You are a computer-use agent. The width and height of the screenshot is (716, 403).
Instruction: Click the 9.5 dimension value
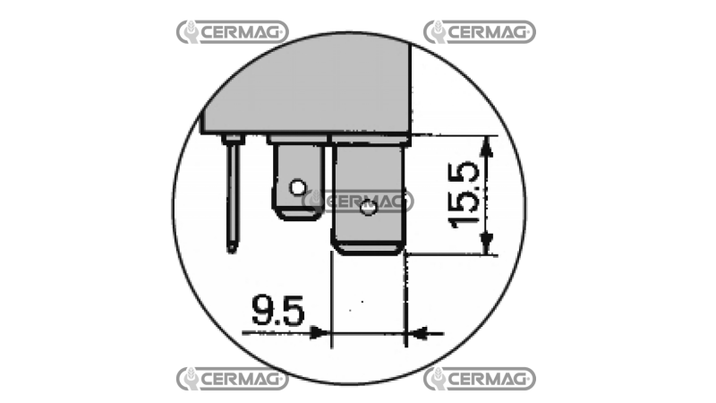click(277, 312)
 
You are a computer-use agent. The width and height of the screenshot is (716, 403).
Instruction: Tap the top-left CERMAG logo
click(232, 32)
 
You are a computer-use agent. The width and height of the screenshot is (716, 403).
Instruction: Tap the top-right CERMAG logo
click(479, 32)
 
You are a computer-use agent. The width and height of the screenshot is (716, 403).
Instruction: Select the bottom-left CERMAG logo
click(232, 378)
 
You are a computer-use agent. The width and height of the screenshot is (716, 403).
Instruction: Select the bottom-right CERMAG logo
click(479, 378)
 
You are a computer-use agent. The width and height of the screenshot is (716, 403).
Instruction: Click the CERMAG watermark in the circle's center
click(358, 201)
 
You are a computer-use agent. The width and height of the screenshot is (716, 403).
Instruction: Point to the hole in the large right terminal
click(366, 210)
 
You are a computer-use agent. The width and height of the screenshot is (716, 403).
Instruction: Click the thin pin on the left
click(233, 193)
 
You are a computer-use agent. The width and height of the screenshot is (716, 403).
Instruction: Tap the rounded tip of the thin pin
click(233, 245)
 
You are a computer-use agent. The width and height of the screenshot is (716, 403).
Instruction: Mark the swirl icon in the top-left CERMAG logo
click(189, 32)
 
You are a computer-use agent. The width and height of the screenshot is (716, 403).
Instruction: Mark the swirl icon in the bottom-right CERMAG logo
click(436, 378)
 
